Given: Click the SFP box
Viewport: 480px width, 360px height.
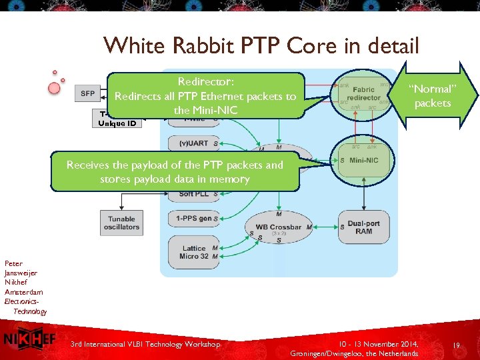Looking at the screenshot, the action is pyautogui.click(x=87, y=93).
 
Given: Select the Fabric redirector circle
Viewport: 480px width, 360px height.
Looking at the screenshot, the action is pyautogui.click(x=364, y=95).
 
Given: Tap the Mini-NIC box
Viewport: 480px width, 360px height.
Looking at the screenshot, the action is pyautogui.click(x=363, y=160).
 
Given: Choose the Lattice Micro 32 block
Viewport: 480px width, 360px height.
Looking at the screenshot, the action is pyautogui.click(x=194, y=252).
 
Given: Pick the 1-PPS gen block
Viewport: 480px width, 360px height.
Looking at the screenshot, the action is pyautogui.click(x=194, y=218).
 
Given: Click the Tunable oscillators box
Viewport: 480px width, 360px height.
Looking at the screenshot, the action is pyautogui.click(x=121, y=223).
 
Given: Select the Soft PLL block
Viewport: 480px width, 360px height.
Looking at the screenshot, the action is pyautogui.click(x=194, y=194).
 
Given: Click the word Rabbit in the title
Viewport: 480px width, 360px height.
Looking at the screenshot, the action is pyautogui.click(x=201, y=45).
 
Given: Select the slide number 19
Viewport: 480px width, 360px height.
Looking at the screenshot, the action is pyautogui.click(x=457, y=346).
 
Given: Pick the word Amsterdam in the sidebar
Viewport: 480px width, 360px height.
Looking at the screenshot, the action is pyautogui.click(x=23, y=292).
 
